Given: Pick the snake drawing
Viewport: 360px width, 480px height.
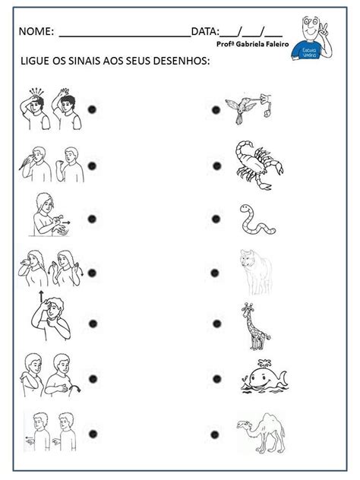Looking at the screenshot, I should coord(249,220).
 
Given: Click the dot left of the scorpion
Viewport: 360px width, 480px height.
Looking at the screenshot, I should coord(216,166).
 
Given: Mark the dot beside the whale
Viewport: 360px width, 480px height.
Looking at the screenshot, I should coord(216,379).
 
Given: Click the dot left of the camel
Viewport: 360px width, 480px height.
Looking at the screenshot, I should coord(215,434).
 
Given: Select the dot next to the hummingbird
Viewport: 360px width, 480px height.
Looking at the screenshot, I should coord(216,109).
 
